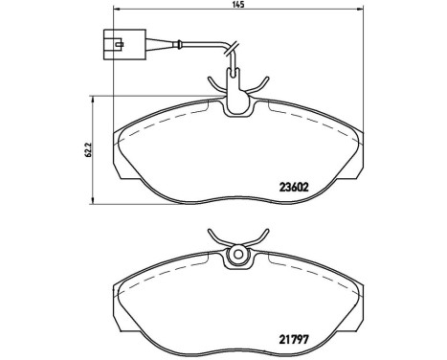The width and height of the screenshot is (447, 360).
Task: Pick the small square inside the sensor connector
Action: point(116,41)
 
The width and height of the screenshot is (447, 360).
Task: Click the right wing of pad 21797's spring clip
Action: point(257,236)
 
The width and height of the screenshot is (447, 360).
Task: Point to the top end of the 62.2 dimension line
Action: point(91,94)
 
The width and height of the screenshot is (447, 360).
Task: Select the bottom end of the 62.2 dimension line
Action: point(91,203)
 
